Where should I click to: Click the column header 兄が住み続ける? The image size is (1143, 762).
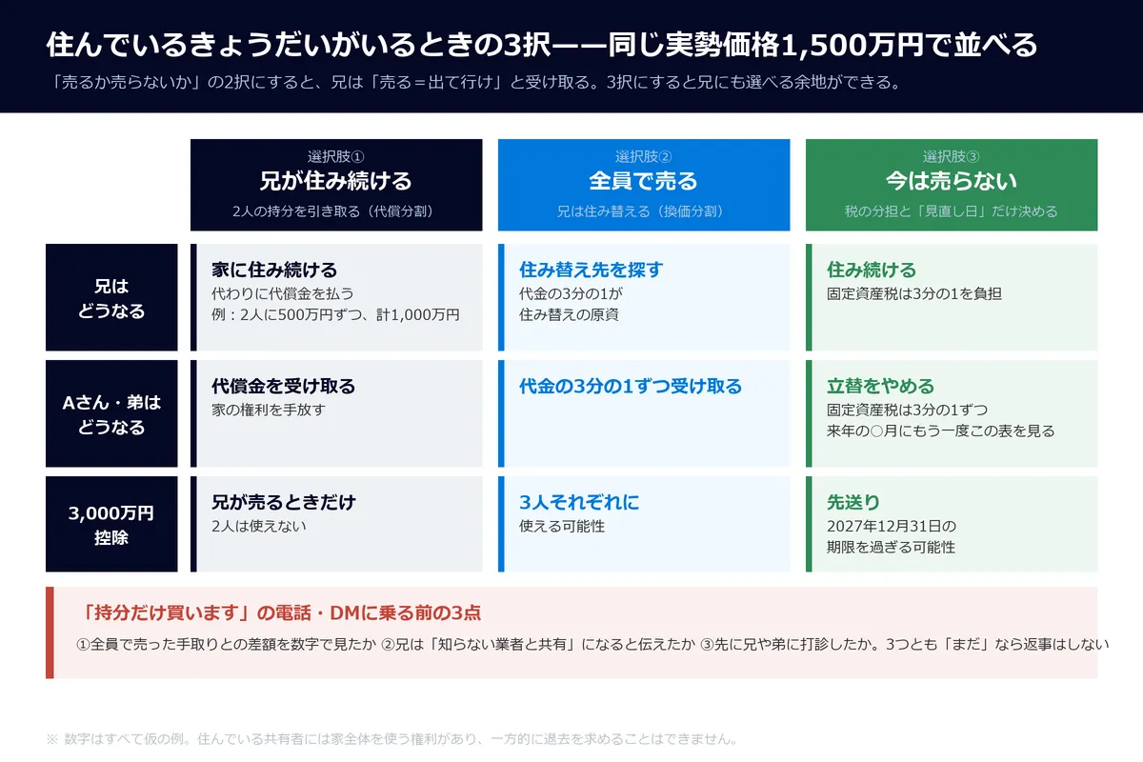click(335, 181)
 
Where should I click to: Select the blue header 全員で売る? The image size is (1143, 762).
click(644, 181)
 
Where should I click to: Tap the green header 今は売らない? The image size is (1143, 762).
click(952, 181)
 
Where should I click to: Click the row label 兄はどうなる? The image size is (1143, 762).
click(111, 298)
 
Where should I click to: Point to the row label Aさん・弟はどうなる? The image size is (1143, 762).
click(111, 414)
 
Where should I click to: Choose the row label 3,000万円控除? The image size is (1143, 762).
click(111, 525)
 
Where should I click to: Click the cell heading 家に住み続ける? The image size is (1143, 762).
click(274, 270)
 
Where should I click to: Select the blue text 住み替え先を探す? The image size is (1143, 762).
click(591, 270)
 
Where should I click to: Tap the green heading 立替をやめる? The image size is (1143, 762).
click(880, 387)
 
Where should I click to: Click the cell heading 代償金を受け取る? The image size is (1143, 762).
click(283, 387)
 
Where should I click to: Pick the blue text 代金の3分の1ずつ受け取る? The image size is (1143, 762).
click(631, 387)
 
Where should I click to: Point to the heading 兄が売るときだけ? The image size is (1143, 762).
click(284, 503)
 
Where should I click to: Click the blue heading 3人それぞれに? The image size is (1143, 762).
click(579, 503)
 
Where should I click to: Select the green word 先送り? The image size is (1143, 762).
click(853, 503)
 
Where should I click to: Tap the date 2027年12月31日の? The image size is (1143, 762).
click(892, 526)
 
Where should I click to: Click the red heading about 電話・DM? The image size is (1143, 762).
click(281, 613)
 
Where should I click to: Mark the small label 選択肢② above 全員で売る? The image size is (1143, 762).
click(644, 156)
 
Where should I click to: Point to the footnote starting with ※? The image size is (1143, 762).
click(391, 739)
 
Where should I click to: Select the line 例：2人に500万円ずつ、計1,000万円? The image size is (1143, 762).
click(335, 314)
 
